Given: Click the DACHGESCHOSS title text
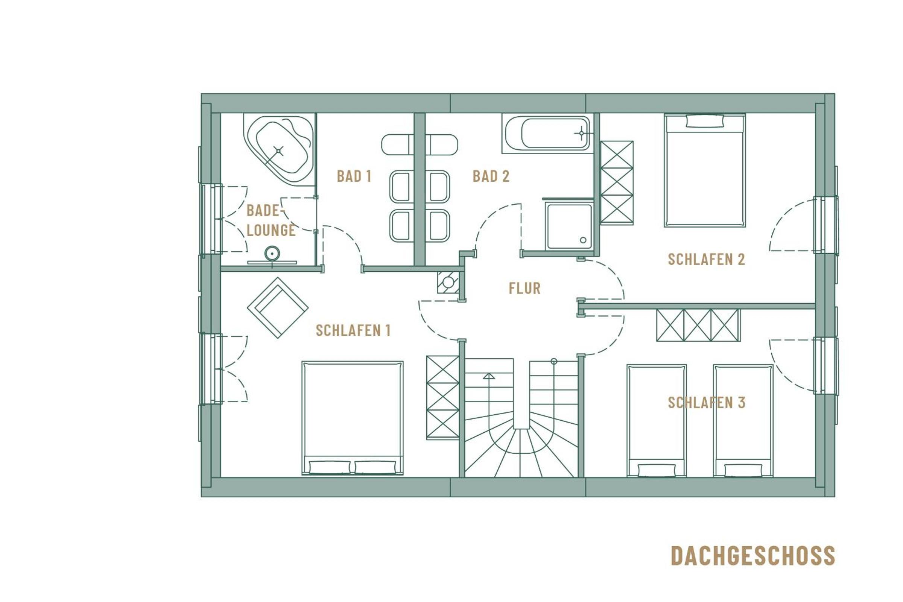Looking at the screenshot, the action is click(752, 556).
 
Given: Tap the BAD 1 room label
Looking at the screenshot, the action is click(354, 176).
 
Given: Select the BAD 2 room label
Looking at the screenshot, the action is click(491, 176).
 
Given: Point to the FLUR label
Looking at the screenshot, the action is click(524, 288).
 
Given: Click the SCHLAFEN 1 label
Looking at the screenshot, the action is click(353, 330).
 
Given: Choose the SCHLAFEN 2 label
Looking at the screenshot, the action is click(706, 259).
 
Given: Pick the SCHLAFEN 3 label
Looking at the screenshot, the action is click(707, 402).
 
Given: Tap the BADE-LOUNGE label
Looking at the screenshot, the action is click(271, 220).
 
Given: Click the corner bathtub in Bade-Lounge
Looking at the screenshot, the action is click(280, 150).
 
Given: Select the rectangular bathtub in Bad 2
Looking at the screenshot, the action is click(547, 134).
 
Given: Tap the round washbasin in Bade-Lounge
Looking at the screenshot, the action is click(272, 253).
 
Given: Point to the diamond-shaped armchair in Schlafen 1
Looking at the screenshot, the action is click(278, 307).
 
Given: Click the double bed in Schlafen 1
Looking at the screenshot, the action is click(353, 418).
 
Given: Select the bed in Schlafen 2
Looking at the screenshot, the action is click(705, 170).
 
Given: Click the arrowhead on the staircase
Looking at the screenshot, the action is click(489, 376).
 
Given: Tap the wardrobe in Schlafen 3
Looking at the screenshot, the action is click(698, 325).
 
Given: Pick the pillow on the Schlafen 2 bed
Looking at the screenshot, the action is click(705, 121).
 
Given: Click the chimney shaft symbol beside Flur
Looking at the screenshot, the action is click(448, 282).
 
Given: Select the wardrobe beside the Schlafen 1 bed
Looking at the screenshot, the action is click(443, 397).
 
